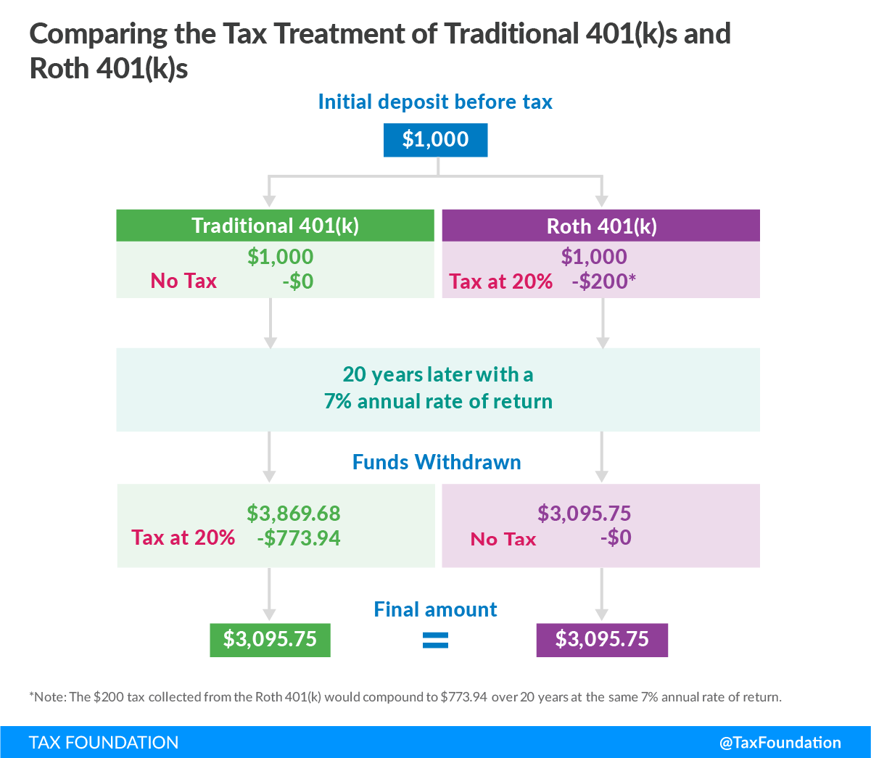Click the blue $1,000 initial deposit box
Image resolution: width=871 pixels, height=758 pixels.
(435, 140)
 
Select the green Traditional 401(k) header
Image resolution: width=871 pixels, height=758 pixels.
(275, 226)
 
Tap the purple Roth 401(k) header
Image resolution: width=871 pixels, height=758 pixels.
(601, 226)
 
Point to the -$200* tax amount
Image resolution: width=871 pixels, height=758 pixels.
(603, 281)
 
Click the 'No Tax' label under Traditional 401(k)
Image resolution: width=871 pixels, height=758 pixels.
(183, 281)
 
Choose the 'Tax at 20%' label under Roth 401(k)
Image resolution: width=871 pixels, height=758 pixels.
(501, 281)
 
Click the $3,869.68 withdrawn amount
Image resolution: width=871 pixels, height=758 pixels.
(293, 514)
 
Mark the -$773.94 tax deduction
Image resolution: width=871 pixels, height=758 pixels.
(298, 538)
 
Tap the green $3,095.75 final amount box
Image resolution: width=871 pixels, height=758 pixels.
(270, 639)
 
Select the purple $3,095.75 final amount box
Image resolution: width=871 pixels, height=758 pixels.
(602, 639)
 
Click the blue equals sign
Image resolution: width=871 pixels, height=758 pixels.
(435, 640)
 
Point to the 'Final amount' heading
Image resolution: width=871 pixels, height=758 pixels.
(435, 609)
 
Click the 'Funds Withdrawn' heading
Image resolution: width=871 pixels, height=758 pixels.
(437, 463)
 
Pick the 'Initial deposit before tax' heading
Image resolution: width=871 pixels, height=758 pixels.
(435, 102)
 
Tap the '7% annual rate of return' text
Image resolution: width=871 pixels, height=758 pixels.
(438, 402)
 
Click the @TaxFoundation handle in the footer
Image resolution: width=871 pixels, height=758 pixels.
(780, 743)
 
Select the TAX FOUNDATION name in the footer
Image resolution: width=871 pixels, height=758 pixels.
(104, 743)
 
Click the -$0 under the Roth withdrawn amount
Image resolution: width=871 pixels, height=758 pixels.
(616, 538)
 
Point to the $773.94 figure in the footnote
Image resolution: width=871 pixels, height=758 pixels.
(463, 698)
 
